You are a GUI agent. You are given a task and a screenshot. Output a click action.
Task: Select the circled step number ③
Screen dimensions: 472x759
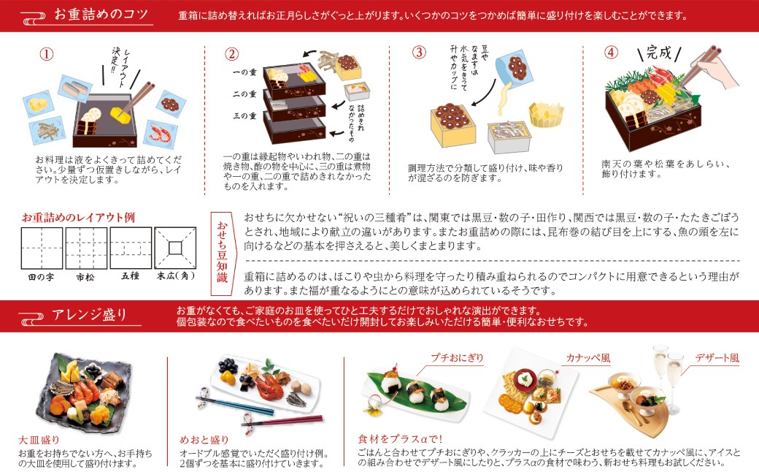tap(419, 53)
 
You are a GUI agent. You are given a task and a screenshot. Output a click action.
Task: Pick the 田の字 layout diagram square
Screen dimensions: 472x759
tap(41, 248)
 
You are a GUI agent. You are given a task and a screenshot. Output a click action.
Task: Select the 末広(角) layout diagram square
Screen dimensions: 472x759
tap(176, 248)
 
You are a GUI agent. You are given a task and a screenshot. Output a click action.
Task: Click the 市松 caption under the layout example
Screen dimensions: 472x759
tap(86, 277)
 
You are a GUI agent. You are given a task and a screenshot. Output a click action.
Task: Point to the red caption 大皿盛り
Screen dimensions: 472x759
tap(39, 440)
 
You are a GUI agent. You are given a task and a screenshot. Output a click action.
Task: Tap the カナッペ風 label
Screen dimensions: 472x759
tap(587, 358)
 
